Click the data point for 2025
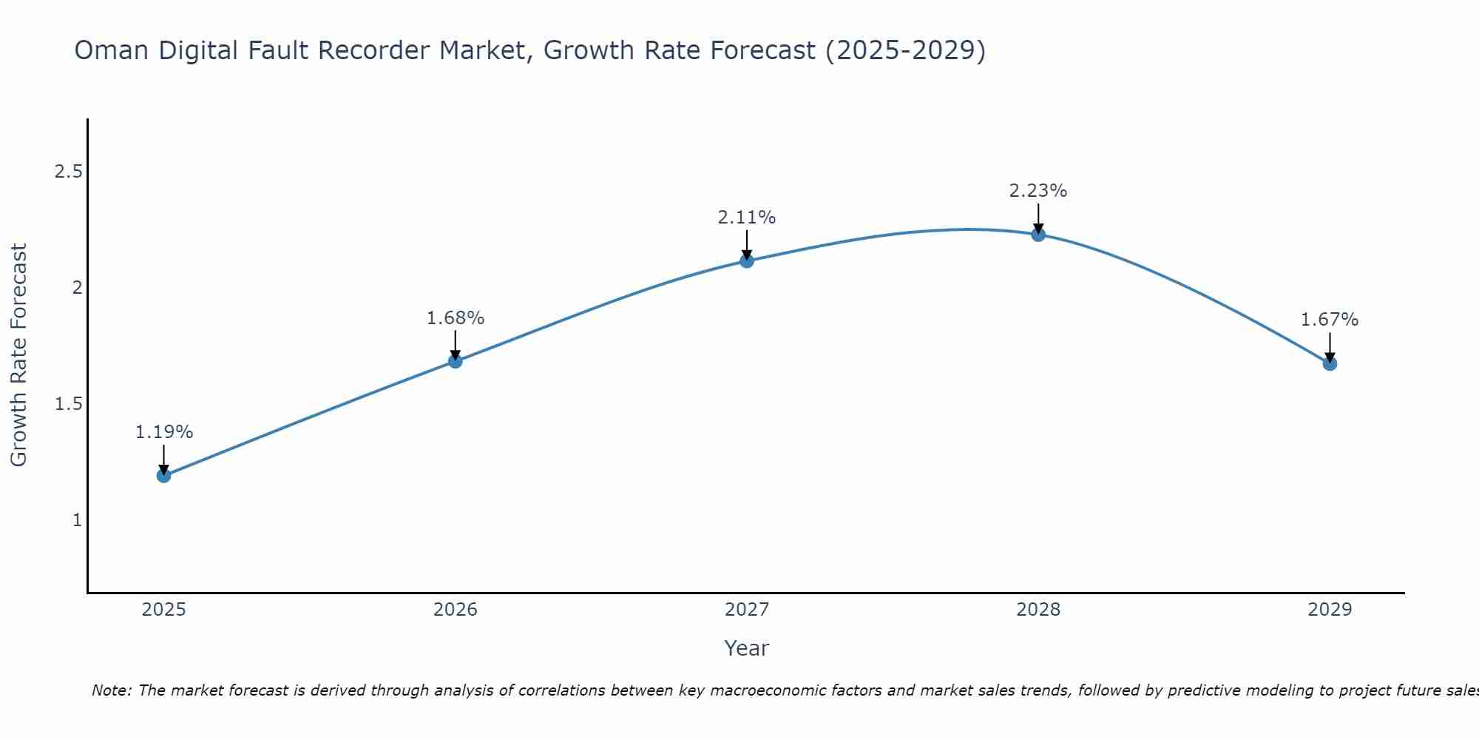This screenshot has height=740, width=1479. coord(164,475)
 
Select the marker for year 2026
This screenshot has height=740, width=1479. coord(456,361)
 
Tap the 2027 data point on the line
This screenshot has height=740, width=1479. coord(747,260)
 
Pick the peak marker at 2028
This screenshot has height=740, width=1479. coord(1038,235)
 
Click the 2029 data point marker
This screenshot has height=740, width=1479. coord(1330,363)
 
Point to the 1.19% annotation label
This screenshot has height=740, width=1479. coord(164,432)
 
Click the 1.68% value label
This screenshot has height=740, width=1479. coord(456,318)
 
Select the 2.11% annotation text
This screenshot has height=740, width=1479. coord(747,218)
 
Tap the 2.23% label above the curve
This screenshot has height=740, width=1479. coord(1038,191)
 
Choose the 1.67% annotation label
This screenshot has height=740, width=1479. coord(1330,320)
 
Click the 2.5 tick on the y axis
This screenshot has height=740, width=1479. coord(68,172)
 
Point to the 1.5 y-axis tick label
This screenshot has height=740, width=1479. coord(68,404)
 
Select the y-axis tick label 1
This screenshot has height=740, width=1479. coord(77,520)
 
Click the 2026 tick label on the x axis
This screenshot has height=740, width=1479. coord(456,610)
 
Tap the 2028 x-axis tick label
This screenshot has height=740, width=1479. coord(1038,610)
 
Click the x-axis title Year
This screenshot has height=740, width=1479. coord(747,648)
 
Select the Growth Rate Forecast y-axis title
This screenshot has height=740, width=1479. coord(19,355)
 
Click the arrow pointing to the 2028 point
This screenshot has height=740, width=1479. coord(1038,219)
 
